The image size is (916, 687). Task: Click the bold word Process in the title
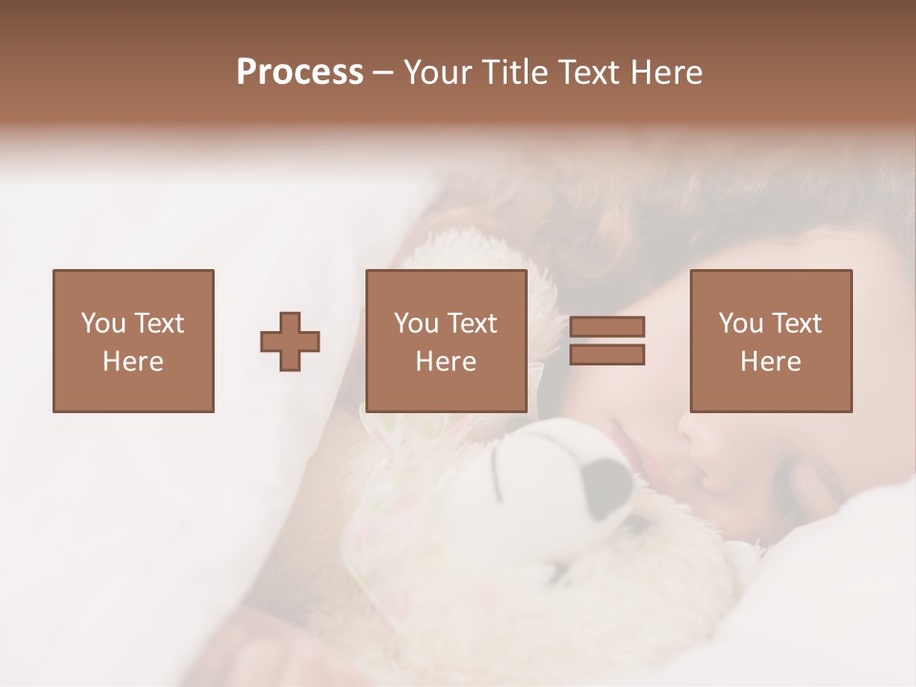(x=300, y=73)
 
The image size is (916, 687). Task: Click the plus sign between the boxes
(x=290, y=342)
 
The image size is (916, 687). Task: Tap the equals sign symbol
(x=607, y=341)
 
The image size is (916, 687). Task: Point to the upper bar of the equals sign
(x=607, y=327)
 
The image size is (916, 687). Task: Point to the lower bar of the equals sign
(x=607, y=355)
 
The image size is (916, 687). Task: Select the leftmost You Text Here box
(x=133, y=341)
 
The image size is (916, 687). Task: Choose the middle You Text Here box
(x=446, y=341)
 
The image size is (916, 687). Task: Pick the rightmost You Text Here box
(x=770, y=341)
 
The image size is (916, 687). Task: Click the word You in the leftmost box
(x=103, y=323)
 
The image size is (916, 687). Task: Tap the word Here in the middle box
(x=446, y=362)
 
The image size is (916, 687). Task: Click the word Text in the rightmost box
(x=798, y=323)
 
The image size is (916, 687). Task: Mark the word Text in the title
(x=589, y=73)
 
